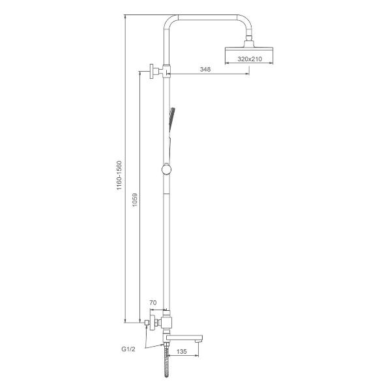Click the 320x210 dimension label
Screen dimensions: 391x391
(250, 59)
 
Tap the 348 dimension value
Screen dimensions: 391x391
(205, 69)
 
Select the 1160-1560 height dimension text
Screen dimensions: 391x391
(119, 175)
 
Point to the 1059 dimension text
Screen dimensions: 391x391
(135, 200)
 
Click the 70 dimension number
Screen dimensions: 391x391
(153, 303)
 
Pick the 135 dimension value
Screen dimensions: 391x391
(182, 352)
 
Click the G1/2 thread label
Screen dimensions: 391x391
(128, 349)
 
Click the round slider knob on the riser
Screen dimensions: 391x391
(166, 169)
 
